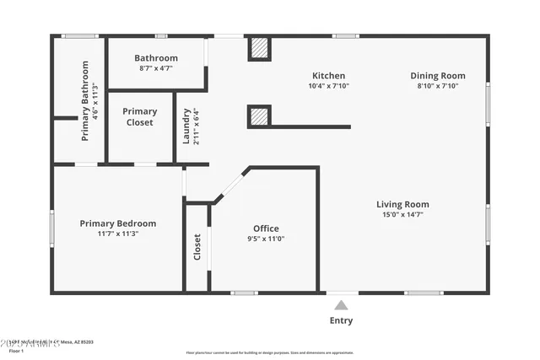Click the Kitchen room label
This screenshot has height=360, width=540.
click(328, 76)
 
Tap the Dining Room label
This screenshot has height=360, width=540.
click(437, 75)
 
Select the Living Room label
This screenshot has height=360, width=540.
click(402, 204)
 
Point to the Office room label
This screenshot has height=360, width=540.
click(266, 228)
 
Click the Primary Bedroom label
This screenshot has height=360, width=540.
click(118, 223)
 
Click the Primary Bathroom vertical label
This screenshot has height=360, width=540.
click(85, 101)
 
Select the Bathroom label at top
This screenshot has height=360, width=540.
click(156, 58)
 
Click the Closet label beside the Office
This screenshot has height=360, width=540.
click(197, 246)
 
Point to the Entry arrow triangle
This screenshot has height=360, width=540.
click(341, 305)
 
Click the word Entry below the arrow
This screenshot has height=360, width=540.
click(341, 320)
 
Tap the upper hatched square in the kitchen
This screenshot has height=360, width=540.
click(260, 49)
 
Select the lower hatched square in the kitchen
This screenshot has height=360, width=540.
click(260, 116)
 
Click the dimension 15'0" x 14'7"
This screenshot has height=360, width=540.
click(402, 215)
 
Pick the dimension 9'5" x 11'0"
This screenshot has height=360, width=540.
click(266, 239)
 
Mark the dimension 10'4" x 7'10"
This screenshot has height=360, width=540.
click(328, 86)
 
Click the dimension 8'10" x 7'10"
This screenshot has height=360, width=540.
click(437, 86)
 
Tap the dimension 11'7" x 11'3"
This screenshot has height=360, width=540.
click(118, 234)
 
